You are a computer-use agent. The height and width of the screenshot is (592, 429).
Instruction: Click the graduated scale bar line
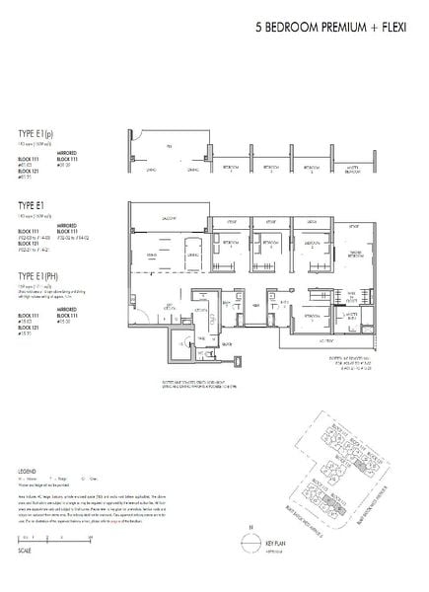coord(54,540)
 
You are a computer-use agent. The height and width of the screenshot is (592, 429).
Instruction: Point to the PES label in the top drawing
coord(169,145)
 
